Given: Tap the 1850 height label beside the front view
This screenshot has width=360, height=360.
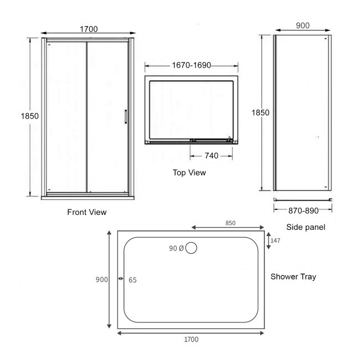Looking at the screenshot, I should (x=29, y=116).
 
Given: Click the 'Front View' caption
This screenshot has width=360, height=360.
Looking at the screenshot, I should (x=87, y=212).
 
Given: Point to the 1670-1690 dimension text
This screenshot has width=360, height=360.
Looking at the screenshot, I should (x=192, y=65).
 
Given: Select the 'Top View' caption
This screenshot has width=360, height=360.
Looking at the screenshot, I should (x=189, y=173).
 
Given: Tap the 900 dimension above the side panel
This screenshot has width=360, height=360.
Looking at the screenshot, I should (x=302, y=25).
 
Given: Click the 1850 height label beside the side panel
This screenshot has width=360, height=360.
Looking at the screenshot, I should (x=260, y=112).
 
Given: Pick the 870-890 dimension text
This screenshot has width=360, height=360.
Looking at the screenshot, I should (x=304, y=210).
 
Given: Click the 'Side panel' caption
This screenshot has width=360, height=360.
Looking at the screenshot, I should (x=306, y=227).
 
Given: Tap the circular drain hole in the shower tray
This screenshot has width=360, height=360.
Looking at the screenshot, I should (x=191, y=248).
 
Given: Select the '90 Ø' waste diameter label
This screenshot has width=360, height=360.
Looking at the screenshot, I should (x=177, y=249).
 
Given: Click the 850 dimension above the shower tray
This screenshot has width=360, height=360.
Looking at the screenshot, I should (x=230, y=223).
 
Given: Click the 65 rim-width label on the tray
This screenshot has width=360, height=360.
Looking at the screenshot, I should (x=132, y=280).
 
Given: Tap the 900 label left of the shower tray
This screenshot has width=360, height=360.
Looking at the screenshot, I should (x=102, y=280).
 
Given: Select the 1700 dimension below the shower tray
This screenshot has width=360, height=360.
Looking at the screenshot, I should (x=191, y=340).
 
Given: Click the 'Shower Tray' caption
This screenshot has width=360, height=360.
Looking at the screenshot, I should (x=294, y=276).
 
